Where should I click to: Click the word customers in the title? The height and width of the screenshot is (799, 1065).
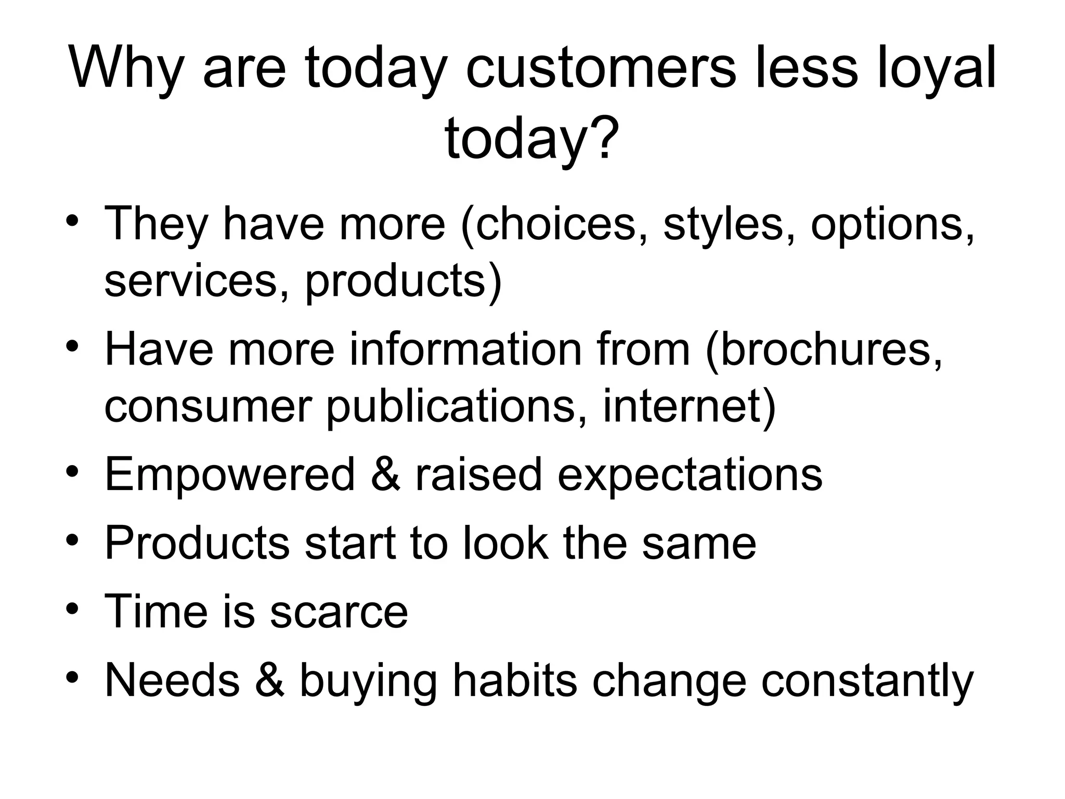[601, 69]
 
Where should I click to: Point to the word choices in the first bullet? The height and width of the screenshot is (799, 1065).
[554, 224]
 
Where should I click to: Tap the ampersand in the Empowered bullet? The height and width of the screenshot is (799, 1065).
[385, 474]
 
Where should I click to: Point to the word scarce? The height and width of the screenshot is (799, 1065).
[339, 612]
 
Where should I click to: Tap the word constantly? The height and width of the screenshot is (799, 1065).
[867, 681]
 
